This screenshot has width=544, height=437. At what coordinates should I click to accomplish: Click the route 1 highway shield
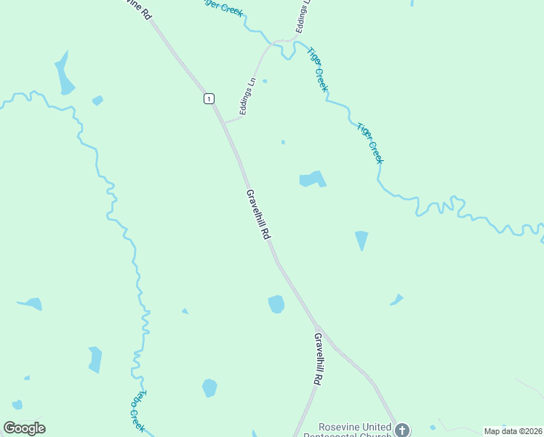209,98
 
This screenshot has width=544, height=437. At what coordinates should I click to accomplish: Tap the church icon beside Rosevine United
402,429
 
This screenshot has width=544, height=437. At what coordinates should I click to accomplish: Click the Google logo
24,428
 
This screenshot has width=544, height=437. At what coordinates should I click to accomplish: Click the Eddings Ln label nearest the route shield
248,96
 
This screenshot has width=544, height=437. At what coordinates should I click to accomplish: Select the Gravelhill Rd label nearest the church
318,358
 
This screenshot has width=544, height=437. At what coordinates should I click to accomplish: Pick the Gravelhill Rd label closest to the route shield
257,215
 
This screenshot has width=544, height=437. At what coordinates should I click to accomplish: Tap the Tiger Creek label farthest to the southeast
370,143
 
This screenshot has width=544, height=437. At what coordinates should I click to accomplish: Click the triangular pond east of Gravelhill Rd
361,240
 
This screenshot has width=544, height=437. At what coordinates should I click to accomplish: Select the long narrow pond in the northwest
64,75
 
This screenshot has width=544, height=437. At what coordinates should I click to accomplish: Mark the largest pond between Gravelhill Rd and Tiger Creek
312,178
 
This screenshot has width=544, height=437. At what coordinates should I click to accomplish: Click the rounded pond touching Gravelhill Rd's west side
276,304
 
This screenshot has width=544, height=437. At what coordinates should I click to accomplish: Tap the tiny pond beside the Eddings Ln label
264,81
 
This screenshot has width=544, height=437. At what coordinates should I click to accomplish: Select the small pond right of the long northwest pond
97,101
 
